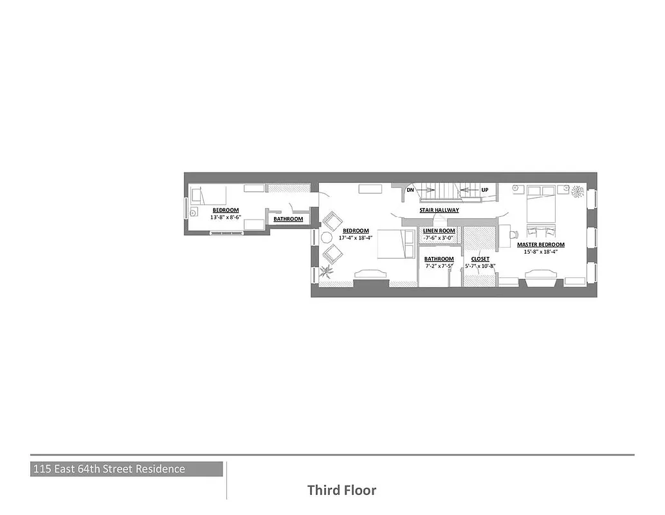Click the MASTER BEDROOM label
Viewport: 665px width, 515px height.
coord(540,245)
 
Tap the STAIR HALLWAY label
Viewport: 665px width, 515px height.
coord(439,210)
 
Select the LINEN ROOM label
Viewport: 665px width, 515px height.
coord(439,230)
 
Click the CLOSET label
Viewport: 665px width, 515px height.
coord(480,259)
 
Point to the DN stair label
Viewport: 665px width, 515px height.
coord(410,190)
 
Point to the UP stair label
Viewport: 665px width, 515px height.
coord(484,190)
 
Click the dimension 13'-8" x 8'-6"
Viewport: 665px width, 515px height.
coord(225,217)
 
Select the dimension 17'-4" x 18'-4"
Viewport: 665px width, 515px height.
coord(356,238)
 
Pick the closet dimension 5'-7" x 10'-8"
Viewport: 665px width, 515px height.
coord(480,266)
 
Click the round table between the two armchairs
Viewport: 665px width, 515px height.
coord(326,237)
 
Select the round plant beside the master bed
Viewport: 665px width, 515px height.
coord(576,191)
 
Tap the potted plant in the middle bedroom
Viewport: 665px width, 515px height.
coord(328,270)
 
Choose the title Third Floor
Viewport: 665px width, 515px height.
coord(342,490)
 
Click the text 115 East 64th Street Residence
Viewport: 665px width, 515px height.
coord(109,469)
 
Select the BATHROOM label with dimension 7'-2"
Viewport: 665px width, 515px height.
coord(439,259)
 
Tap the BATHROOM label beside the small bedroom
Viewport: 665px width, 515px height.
coord(288,219)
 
